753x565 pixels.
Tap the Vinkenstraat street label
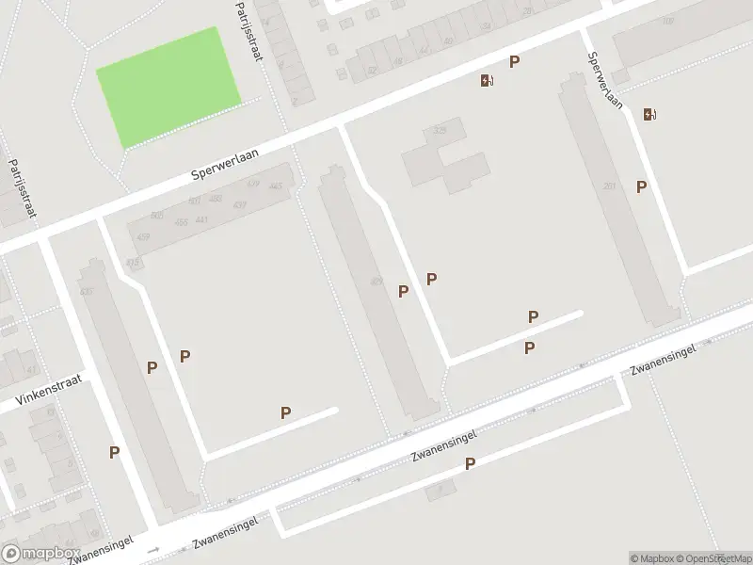(48, 392)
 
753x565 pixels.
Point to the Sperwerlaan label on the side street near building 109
(605, 80)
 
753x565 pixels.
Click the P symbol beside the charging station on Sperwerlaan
(514, 62)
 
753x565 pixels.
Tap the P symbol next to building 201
(641, 186)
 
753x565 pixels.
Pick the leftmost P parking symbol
(114, 452)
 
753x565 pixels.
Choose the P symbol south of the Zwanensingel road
(470, 463)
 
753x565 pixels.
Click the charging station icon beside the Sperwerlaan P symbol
(486, 81)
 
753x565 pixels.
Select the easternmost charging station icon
(649, 115)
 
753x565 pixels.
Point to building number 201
(609, 186)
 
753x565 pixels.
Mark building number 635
(88, 292)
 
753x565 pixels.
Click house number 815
(132, 262)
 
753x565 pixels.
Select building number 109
(668, 21)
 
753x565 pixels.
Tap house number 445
(276, 186)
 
